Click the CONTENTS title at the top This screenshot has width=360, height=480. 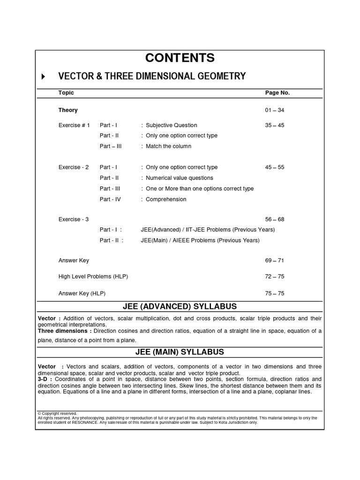coord(180,58)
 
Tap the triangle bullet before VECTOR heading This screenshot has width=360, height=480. coord(44,76)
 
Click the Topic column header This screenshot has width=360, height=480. coord(66,93)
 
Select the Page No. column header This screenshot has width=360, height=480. coord(277,93)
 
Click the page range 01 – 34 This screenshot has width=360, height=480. coord(275,110)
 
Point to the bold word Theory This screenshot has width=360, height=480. coord(68,110)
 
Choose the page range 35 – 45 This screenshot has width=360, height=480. coord(275,125)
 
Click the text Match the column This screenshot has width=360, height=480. coord(168,146)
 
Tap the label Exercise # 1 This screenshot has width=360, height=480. coord(74,125)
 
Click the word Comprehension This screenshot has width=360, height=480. coord(166,199)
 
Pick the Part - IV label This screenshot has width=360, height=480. coord(110,199)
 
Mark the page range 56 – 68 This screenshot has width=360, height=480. coord(275,219)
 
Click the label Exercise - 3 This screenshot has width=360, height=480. coord(74,219)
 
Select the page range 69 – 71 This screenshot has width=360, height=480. coord(275,261)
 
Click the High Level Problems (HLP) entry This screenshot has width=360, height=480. coord(93,277)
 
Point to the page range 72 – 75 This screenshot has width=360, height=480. coord(275,277)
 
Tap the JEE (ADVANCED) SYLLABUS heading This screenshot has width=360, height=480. coord(180,307)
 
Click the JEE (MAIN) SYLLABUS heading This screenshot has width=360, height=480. coord(180,352)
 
